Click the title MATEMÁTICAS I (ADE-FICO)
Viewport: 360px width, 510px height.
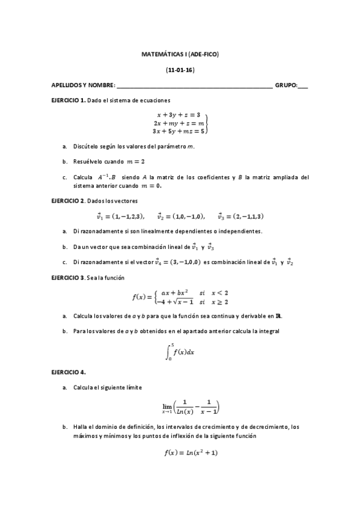(180, 55)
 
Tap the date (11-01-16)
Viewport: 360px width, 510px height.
(180, 70)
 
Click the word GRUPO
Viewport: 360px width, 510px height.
(285, 85)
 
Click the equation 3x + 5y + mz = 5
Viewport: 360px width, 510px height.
(179, 130)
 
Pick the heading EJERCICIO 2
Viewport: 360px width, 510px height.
(69, 200)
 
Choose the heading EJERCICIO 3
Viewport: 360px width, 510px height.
(69, 278)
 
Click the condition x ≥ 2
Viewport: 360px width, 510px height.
(222, 301)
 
